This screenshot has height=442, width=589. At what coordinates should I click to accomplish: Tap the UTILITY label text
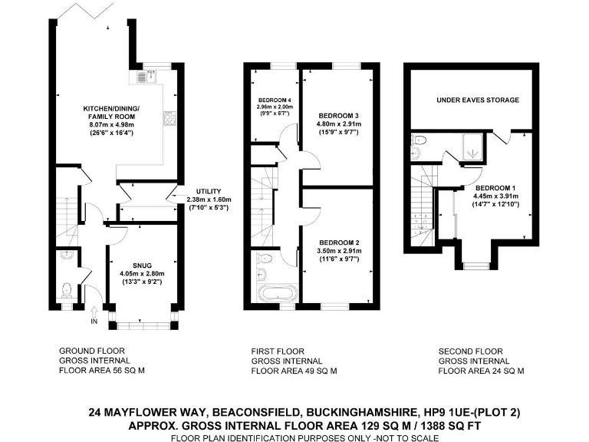(208, 190)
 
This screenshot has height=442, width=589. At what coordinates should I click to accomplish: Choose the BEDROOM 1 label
(496, 186)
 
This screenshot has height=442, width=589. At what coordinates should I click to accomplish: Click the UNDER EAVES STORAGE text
(477, 100)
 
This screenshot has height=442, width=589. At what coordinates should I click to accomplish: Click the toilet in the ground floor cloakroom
(67, 289)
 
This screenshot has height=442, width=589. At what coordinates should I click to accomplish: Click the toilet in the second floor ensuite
(418, 140)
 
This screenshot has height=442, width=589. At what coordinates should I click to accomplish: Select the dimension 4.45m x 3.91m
(496, 196)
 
